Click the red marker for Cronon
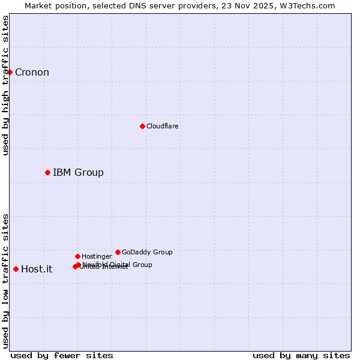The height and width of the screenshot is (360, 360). pos(10,72)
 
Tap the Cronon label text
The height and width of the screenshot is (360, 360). pos(32,73)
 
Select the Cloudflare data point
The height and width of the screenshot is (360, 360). pos(142,126)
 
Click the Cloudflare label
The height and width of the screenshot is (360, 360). pos(163,126)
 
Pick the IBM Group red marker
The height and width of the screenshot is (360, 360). pos(47,172)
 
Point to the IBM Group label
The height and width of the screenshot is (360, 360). pos(78,173)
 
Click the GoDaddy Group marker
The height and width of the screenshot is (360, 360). pos(118,252)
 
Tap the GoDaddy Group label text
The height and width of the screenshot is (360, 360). pos(147,252)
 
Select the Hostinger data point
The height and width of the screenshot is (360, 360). pos(77,256)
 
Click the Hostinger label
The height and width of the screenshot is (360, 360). pos(97,256)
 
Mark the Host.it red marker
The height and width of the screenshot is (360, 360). pos(16,269)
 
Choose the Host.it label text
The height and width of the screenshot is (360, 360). pos(37,269)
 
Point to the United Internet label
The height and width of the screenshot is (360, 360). pos(104,267)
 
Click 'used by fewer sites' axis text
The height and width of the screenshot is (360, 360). pos(62,355)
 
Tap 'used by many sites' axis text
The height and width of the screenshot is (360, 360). pos(301,355)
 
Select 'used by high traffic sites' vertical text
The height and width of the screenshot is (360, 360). pos(5,85)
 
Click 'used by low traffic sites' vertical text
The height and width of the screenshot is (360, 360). pos(5,281)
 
